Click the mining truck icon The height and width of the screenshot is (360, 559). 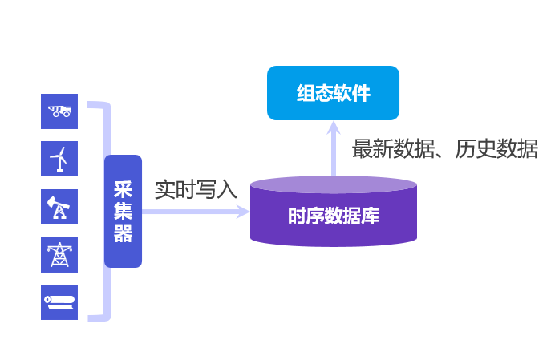tap(59, 111)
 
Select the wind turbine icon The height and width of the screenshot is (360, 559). tap(59, 159)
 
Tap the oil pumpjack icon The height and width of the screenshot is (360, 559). tap(59, 208)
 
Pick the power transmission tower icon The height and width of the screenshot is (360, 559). tap(59, 254)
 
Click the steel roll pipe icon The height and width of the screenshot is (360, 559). tap(59, 301)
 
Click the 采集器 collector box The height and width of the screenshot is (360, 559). tap(123, 211)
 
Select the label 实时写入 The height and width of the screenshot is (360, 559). tap(196, 190)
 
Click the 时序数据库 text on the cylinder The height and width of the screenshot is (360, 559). tap(334, 216)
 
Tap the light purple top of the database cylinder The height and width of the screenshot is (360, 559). tap(334, 184)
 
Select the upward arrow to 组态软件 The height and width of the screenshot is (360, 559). tap(334, 148)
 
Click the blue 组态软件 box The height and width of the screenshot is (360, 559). tap(333, 93)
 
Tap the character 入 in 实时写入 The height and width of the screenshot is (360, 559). tap(227, 190)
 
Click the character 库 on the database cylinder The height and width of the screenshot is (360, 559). tap(371, 216)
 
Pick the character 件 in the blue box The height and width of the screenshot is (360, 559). tap(362, 93)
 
